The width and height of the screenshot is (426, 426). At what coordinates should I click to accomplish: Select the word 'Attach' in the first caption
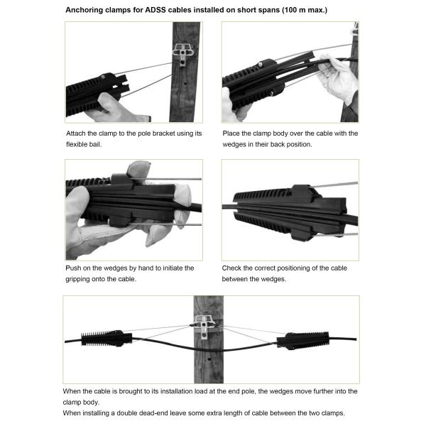click(77, 133)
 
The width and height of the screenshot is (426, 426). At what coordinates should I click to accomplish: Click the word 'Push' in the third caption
click(75, 268)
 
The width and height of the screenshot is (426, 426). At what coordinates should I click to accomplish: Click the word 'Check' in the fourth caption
click(234, 268)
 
